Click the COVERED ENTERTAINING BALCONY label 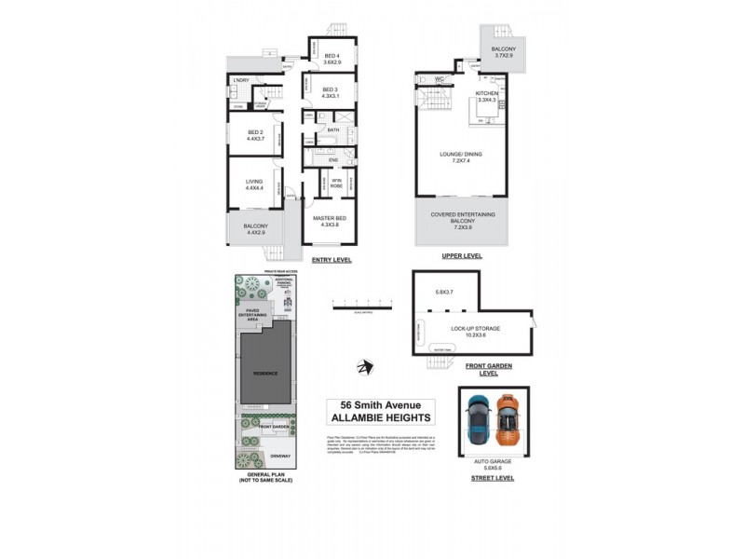coord(462,219)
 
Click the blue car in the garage coord(478,422)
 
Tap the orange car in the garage coord(506,422)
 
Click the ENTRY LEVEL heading coord(332,260)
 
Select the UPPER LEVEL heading coord(462,253)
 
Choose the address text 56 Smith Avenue coord(380,405)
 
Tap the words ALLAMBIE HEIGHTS coord(380,417)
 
